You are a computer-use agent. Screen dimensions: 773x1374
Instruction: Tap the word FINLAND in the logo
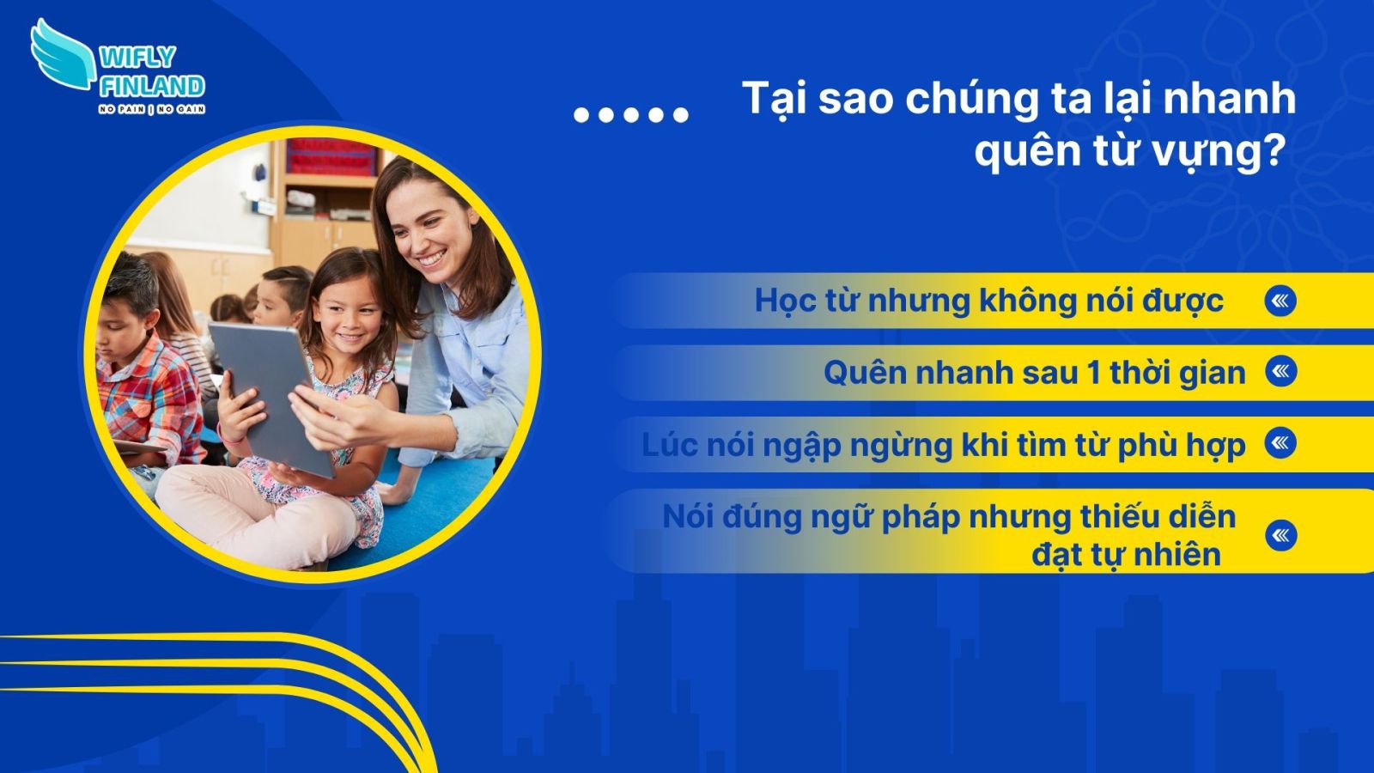tap(152, 86)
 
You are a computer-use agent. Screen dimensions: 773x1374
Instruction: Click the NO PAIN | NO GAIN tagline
tap(152, 109)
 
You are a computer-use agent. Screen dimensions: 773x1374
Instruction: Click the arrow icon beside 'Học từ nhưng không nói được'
tap(1280, 301)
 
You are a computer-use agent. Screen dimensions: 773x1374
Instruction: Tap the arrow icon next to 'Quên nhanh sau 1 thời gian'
tap(1280, 371)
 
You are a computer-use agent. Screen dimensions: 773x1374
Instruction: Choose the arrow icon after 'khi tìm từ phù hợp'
tap(1280, 443)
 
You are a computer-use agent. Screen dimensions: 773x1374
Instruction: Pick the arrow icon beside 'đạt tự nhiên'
tap(1280, 535)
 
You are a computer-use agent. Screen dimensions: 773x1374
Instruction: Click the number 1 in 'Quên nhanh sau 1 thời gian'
tap(1093, 373)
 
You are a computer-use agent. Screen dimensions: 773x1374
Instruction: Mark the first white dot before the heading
tap(581, 114)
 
